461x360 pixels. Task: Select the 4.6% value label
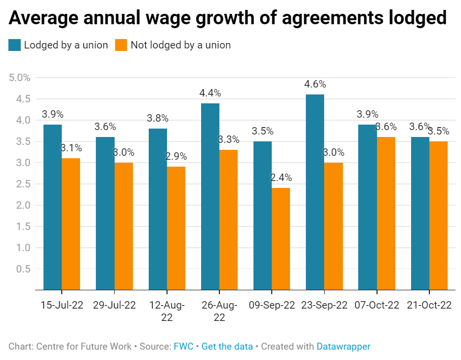coord(315,84)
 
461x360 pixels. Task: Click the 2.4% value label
coord(281,178)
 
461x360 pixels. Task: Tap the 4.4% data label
coord(210,92)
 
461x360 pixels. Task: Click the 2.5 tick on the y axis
coord(22,184)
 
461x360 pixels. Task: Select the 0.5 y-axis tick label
coord(22,269)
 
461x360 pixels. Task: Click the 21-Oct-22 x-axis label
coord(429,305)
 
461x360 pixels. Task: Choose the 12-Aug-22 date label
coord(167,311)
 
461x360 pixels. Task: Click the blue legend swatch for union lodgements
coord(14,45)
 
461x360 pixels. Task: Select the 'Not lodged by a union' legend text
coord(180,45)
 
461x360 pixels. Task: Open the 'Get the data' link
coord(227,347)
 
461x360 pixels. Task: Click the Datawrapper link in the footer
coord(343,347)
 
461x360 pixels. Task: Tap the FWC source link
coord(183,347)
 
